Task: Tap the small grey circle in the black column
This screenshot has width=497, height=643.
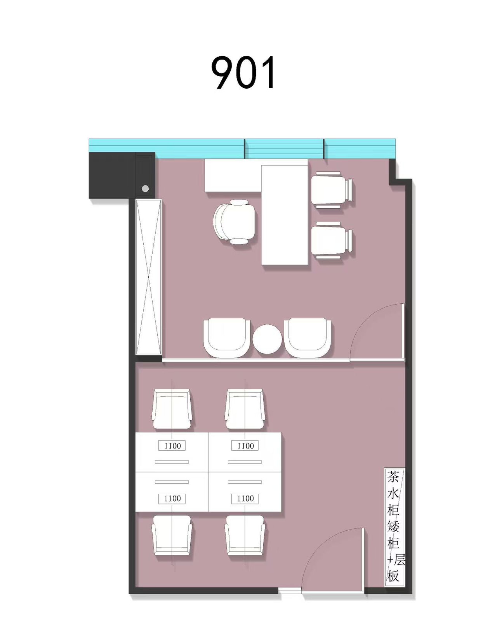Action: click(145, 189)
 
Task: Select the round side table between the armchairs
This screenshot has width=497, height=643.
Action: click(267, 339)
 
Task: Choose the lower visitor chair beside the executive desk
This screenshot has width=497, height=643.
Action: click(332, 240)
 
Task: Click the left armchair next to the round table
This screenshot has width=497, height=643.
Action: click(227, 338)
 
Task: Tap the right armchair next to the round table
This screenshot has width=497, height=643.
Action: click(307, 338)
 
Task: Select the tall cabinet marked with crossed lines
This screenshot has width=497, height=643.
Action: click(149, 277)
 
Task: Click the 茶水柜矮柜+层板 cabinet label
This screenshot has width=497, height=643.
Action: click(395, 526)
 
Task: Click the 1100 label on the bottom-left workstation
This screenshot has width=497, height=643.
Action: click(172, 499)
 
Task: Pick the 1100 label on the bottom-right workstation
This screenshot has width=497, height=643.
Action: click(245, 499)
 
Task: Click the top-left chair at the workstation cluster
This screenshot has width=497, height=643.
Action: click(172, 409)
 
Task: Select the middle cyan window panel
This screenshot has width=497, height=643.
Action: click(284, 149)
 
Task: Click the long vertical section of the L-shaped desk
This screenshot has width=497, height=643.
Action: click(285, 215)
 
